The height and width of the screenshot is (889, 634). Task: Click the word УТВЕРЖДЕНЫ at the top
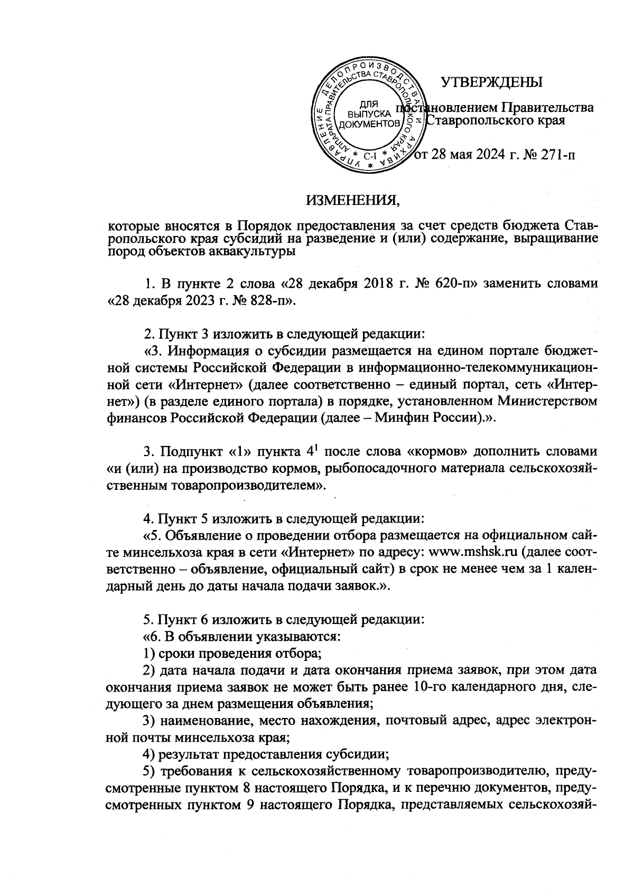click(491, 83)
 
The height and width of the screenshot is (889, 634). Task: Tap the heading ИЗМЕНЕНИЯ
click(353, 201)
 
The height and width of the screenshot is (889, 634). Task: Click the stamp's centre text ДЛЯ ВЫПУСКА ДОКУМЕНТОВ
click(368, 115)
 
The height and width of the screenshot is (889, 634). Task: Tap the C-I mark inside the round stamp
click(369, 157)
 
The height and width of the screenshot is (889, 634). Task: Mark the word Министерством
click(539, 401)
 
